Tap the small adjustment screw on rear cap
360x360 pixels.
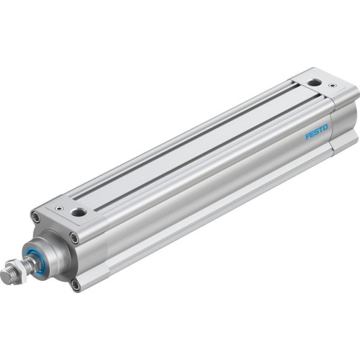coord(332,86)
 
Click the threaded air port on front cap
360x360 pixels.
coord(78,212)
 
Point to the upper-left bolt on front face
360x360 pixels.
coord(35,217)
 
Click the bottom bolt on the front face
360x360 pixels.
coord(76,284)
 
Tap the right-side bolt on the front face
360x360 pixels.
coord(74,238)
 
